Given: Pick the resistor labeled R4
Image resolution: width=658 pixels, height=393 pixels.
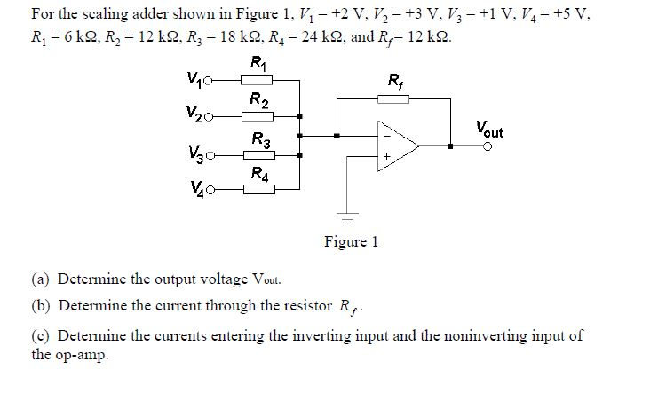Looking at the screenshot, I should (x=258, y=189).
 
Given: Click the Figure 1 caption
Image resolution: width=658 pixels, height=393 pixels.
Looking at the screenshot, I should (x=351, y=241).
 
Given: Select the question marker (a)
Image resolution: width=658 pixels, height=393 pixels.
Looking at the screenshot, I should (x=41, y=279).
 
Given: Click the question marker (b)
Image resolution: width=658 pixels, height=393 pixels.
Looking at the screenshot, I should (x=41, y=307).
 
